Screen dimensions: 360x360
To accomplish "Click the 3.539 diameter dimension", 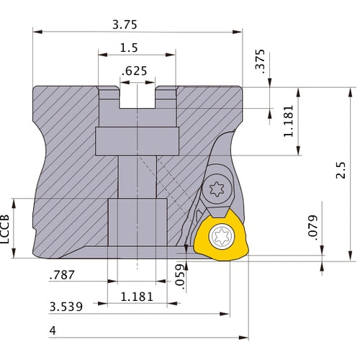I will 66,307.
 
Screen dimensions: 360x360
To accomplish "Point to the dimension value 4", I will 53,331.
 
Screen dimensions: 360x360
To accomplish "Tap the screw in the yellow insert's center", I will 220,235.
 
